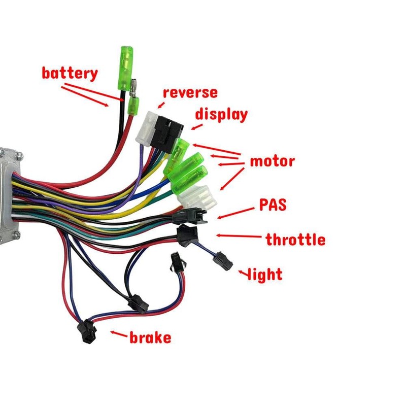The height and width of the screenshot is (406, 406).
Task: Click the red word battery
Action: [70, 73]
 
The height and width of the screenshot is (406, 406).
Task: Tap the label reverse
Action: [190, 93]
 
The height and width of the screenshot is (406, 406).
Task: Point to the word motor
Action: [273, 161]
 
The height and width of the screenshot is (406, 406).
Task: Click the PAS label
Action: [273, 205]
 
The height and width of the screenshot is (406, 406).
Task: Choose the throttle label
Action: [295, 239]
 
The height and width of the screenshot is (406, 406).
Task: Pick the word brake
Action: [150, 337]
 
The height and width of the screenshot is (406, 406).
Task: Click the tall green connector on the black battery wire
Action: [126, 68]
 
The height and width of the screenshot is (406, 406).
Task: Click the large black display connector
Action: [166, 134]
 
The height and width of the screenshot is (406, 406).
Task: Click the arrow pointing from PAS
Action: [235, 213]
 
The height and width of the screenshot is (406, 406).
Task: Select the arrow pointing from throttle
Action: [239, 236]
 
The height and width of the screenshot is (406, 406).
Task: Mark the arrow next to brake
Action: [119, 334]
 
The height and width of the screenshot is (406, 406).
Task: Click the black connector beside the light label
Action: [223, 261]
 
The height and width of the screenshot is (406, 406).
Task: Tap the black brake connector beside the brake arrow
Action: [87, 331]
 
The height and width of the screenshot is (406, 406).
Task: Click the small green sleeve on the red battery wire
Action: [133, 106]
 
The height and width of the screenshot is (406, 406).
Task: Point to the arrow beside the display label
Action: [197, 127]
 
